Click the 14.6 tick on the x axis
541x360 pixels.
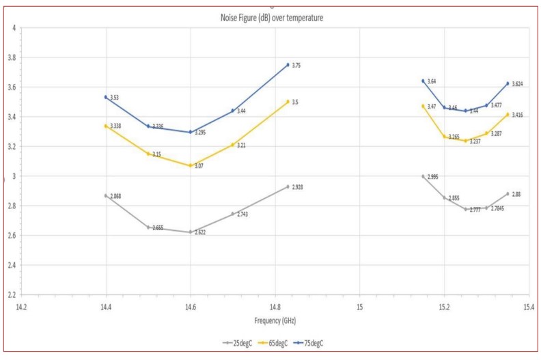coord(191,307)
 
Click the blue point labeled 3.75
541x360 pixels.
coord(288,64)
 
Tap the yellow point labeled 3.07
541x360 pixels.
coord(191,165)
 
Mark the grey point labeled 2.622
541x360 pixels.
coord(191,232)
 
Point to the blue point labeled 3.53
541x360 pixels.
coord(106,97)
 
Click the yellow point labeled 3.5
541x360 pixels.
coord(288,101)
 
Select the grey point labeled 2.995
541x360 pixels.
coord(423,176)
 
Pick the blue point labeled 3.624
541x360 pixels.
coord(508,83)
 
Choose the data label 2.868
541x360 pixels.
coord(117,197)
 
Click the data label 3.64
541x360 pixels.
coord(432,82)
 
